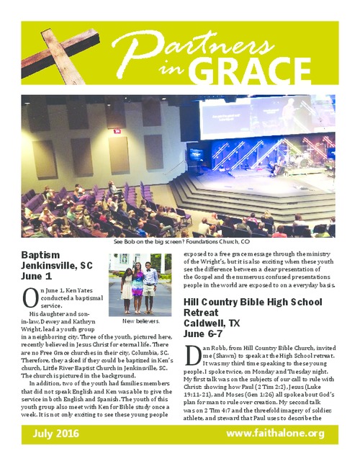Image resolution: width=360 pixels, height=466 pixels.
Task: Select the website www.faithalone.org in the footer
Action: coord(276,433)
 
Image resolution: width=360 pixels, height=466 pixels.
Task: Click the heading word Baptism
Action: coord(44,256)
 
